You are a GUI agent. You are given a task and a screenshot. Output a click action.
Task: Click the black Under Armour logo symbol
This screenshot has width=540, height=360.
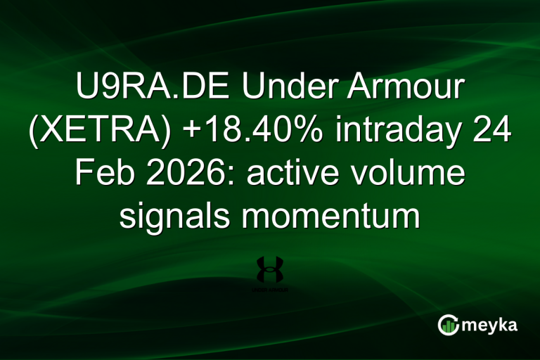[x=270, y=269]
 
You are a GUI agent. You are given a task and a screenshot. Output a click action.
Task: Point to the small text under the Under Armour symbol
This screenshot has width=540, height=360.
[x=270, y=289]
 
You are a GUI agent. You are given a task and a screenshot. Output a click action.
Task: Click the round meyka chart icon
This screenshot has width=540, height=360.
[x=449, y=325]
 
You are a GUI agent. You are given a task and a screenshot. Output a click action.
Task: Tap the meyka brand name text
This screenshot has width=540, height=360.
[x=493, y=326]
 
